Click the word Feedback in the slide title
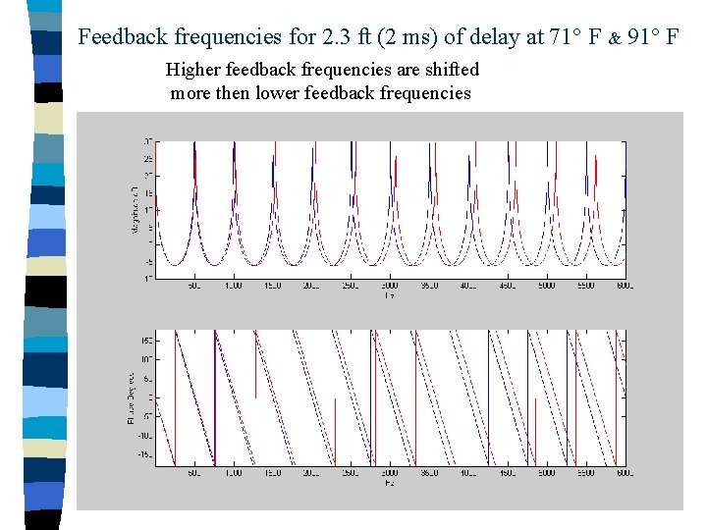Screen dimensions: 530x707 click(120, 37)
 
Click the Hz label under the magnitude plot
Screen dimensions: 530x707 click(389, 294)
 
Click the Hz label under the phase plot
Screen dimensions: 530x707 click(389, 483)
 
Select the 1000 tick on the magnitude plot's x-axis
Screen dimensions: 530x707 click(233, 286)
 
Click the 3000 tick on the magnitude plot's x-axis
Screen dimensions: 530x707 click(389, 286)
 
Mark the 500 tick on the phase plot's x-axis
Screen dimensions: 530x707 click(193, 474)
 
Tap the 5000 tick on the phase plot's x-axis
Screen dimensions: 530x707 click(546, 474)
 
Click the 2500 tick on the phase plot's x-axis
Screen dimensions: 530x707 click(351, 474)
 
